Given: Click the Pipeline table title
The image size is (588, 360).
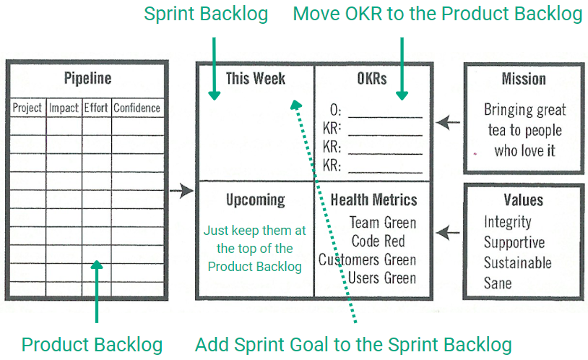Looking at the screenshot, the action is (x=87, y=79).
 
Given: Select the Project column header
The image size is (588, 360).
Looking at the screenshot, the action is (x=27, y=108).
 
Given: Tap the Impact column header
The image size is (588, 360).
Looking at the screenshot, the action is (x=64, y=108).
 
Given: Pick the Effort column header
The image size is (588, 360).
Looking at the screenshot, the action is (x=96, y=108).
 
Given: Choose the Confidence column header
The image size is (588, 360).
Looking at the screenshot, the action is (x=137, y=108).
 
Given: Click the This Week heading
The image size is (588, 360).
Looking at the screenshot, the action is (x=256, y=79).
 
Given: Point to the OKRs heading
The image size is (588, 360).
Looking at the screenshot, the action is (x=372, y=79).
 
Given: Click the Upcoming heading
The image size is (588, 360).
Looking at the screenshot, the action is (x=256, y=200).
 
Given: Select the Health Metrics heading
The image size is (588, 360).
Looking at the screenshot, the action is (x=374, y=200).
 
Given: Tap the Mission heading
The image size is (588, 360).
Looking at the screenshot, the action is (x=524, y=79).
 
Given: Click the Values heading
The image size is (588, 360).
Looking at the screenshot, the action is (x=524, y=200).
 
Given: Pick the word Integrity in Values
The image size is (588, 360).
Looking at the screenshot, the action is (x=508, y=222).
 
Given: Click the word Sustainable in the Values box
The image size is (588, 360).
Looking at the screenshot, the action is (x=517, y=263).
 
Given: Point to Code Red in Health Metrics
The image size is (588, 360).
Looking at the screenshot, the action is (x=379, y=241).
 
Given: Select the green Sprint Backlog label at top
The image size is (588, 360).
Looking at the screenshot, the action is (x=206, y=14).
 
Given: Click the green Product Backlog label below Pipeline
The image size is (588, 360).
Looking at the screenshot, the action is (x=92, y=345).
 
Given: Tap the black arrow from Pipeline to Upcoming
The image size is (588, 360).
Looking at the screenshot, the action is (x=181, y=191).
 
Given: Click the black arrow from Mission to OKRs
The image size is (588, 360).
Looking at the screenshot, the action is (x=448, y=122).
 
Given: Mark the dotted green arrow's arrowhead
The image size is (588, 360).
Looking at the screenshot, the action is (x=296, y=104).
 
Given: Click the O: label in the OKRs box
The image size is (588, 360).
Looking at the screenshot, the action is (x=336, y=111).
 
